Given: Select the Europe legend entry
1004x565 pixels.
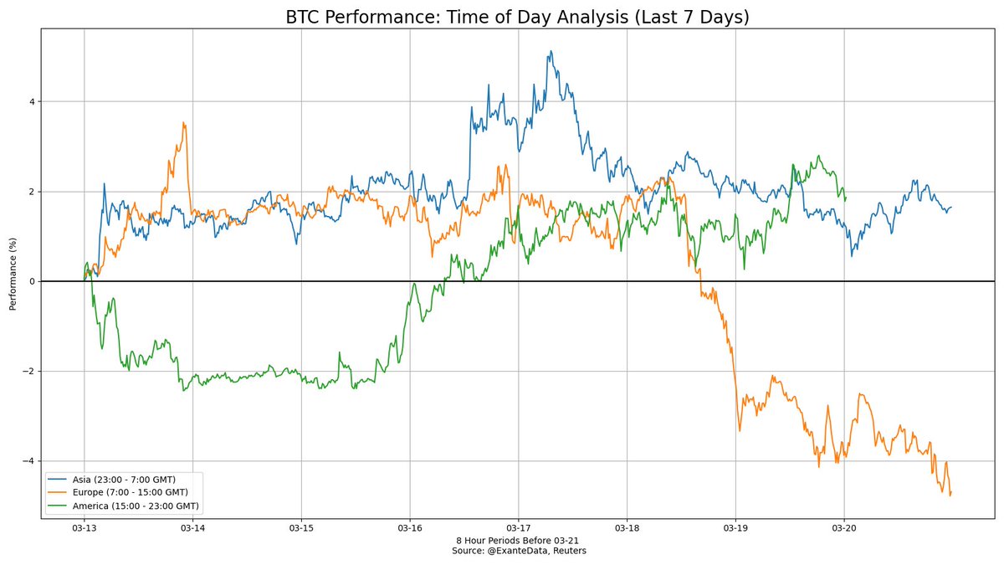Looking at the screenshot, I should click(x=125, y=492).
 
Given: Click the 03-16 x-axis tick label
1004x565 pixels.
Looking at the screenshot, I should click(x=410, y=528).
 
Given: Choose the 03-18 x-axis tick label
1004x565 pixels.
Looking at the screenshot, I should click(x=627, y=528).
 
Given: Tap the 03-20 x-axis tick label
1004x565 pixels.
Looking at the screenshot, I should click(x=844, y=528).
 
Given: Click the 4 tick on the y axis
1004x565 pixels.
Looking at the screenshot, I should click(x=31, y=102).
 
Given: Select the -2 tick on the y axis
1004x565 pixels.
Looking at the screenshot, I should click(x=29, y=372).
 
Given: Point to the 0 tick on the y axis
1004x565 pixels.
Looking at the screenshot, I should click(x=31, y=282).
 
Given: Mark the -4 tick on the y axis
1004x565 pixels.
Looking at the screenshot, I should click(x=29, y=461).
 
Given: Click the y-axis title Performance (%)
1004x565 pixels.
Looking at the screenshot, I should click(x=13, y=281).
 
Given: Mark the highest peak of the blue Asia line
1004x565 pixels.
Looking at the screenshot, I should click(x=551, y=51).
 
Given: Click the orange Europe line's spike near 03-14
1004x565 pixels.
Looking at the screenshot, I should click(x=184, y=122).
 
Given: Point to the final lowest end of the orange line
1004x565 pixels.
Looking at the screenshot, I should click(x=950, y=495).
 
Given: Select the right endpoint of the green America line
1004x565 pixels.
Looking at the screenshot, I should click(x=846, y=198).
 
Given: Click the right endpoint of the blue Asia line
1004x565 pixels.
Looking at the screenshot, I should click(x=951, y=207).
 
